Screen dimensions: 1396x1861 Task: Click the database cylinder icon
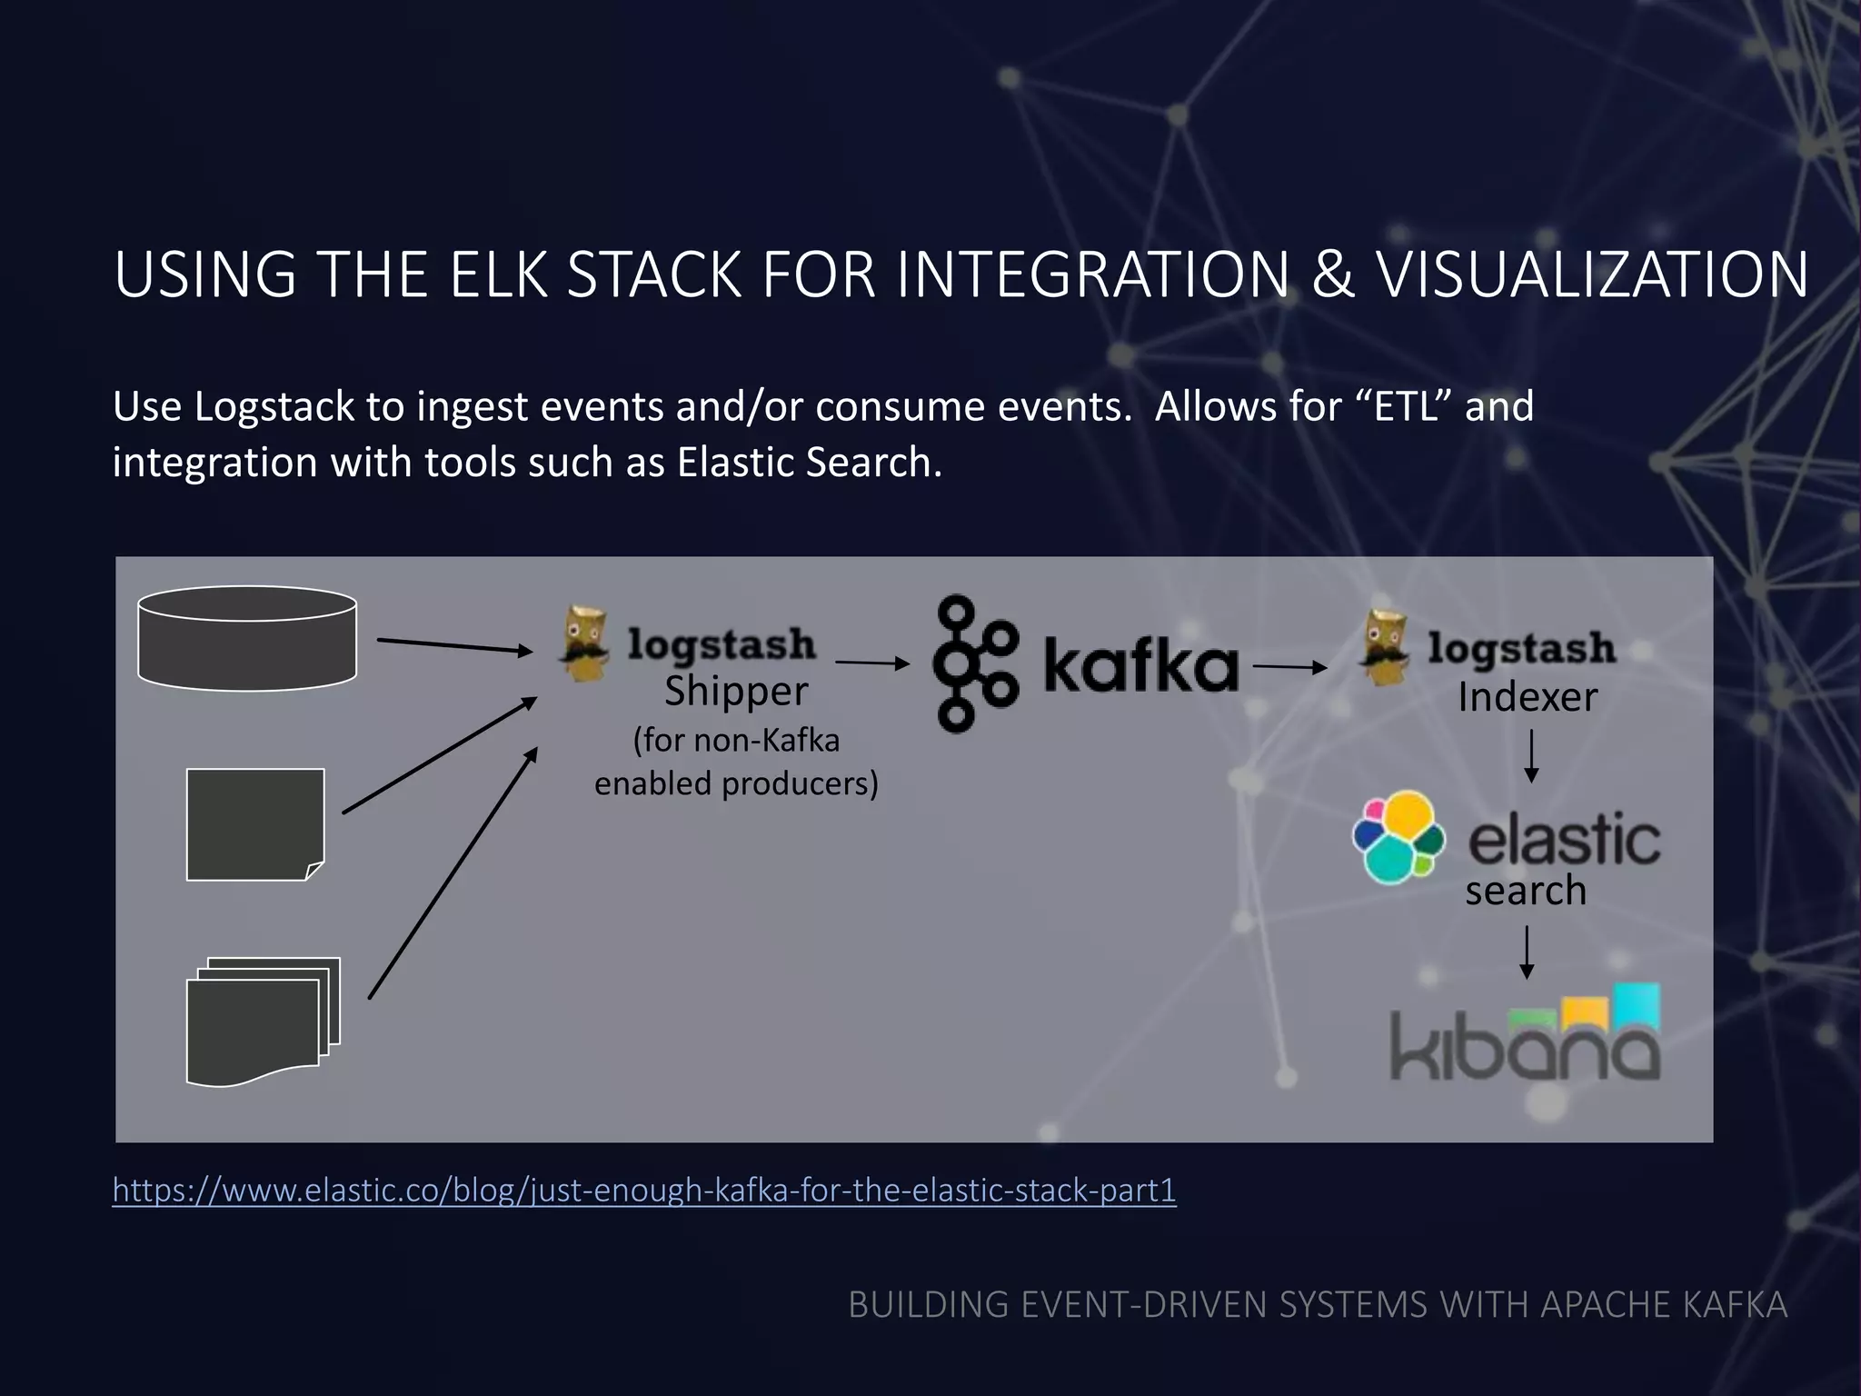tap(247, 638)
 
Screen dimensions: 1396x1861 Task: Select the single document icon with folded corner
tap(254, 824)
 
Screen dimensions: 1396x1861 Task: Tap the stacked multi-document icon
tap(263, 1020)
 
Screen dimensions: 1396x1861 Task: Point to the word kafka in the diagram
tap(1140, 665)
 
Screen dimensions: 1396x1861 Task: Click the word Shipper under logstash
tap(735, 692)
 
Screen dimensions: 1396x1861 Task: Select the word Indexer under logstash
tap(1527, 698)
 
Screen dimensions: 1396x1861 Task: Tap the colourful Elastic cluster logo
tap(1398, 837)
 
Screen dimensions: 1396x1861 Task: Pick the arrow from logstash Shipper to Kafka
tap(871, 663)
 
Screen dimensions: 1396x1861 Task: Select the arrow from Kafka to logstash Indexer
tap(1289, 667)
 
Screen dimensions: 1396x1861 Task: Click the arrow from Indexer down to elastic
tap(1531, 756)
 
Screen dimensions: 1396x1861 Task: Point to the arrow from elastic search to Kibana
tap(1527, 952)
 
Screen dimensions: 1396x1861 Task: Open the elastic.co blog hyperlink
tap(643, 1190)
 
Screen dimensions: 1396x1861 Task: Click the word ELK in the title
tap(499, 274)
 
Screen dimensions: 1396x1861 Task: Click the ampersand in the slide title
tap(1332, 274)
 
